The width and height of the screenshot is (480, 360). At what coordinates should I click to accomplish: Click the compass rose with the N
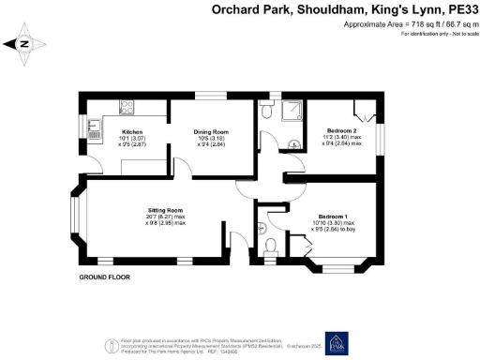point(22,42)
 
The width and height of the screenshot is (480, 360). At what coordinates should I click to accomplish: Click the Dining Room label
point(211,132)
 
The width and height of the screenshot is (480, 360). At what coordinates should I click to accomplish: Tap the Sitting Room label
point(164,210)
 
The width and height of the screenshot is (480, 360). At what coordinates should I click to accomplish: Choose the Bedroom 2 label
point(342,130)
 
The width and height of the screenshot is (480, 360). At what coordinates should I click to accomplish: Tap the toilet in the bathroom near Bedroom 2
point(268,111)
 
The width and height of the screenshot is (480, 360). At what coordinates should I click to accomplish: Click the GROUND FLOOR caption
point(103,278)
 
